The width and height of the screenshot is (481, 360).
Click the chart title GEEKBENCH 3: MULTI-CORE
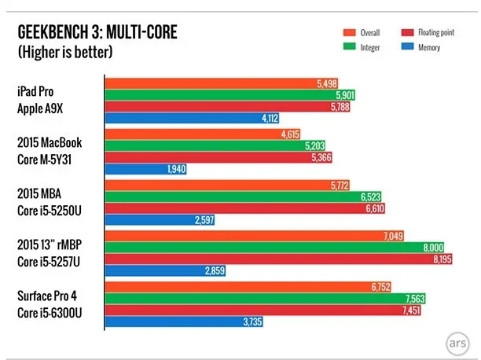93,33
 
